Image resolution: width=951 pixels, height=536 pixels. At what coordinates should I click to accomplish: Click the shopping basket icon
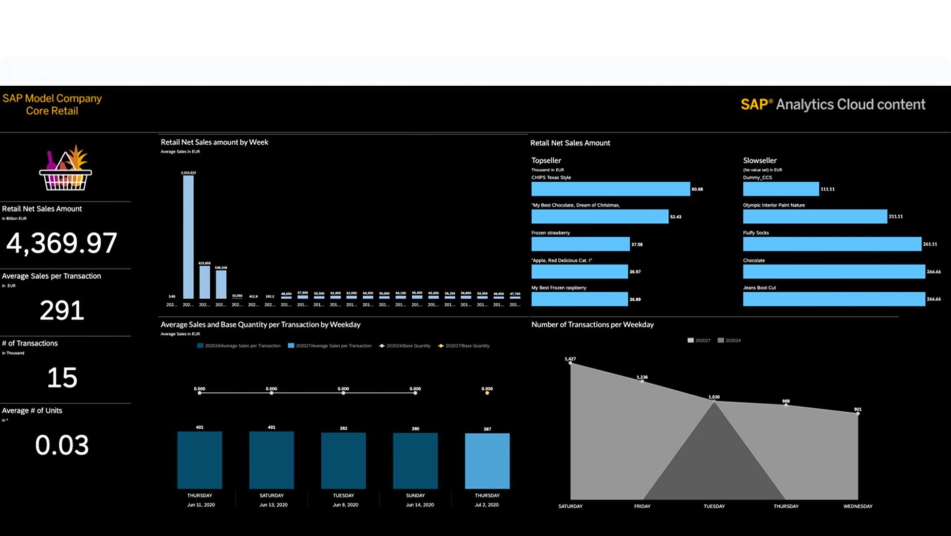[65, 169]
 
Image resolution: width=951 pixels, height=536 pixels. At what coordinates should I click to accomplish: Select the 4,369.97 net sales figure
[61, 243]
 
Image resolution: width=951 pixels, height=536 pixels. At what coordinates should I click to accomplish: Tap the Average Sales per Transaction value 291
[62, 310]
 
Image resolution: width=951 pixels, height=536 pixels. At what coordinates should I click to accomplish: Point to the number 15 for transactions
[62, 378]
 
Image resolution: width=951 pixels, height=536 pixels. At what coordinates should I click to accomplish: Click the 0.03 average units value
[62, 445]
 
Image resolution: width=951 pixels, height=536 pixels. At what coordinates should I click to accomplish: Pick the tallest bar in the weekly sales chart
[188, 237]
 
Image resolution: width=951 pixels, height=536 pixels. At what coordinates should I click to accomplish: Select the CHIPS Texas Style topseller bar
[610, 189]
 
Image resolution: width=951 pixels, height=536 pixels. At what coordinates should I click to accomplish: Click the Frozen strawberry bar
[580, 244]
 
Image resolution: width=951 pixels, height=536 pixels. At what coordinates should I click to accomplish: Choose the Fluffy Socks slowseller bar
[832, 244]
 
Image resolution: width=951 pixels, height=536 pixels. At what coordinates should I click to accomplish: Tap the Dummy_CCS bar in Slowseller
[781, 189]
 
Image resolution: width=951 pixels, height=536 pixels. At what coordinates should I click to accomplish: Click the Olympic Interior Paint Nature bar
[815, 216]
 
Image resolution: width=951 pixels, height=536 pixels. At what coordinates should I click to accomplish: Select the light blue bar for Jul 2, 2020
[487, 461]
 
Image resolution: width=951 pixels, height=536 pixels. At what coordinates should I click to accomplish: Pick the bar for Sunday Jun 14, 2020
[415, 461]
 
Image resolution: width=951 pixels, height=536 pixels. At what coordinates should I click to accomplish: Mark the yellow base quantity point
[487, 393]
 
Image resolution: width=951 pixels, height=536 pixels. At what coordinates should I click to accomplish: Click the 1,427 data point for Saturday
[570, 363]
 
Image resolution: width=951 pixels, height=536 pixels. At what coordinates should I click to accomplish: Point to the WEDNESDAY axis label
[858, 506]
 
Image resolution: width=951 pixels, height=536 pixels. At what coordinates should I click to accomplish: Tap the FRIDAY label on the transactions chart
[642, 506]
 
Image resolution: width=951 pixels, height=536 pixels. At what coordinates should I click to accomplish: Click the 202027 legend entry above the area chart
[699, 341]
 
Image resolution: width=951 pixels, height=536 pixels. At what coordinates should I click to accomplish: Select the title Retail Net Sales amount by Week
[214, 142]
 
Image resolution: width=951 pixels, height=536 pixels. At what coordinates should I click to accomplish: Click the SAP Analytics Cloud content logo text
[833, 105]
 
